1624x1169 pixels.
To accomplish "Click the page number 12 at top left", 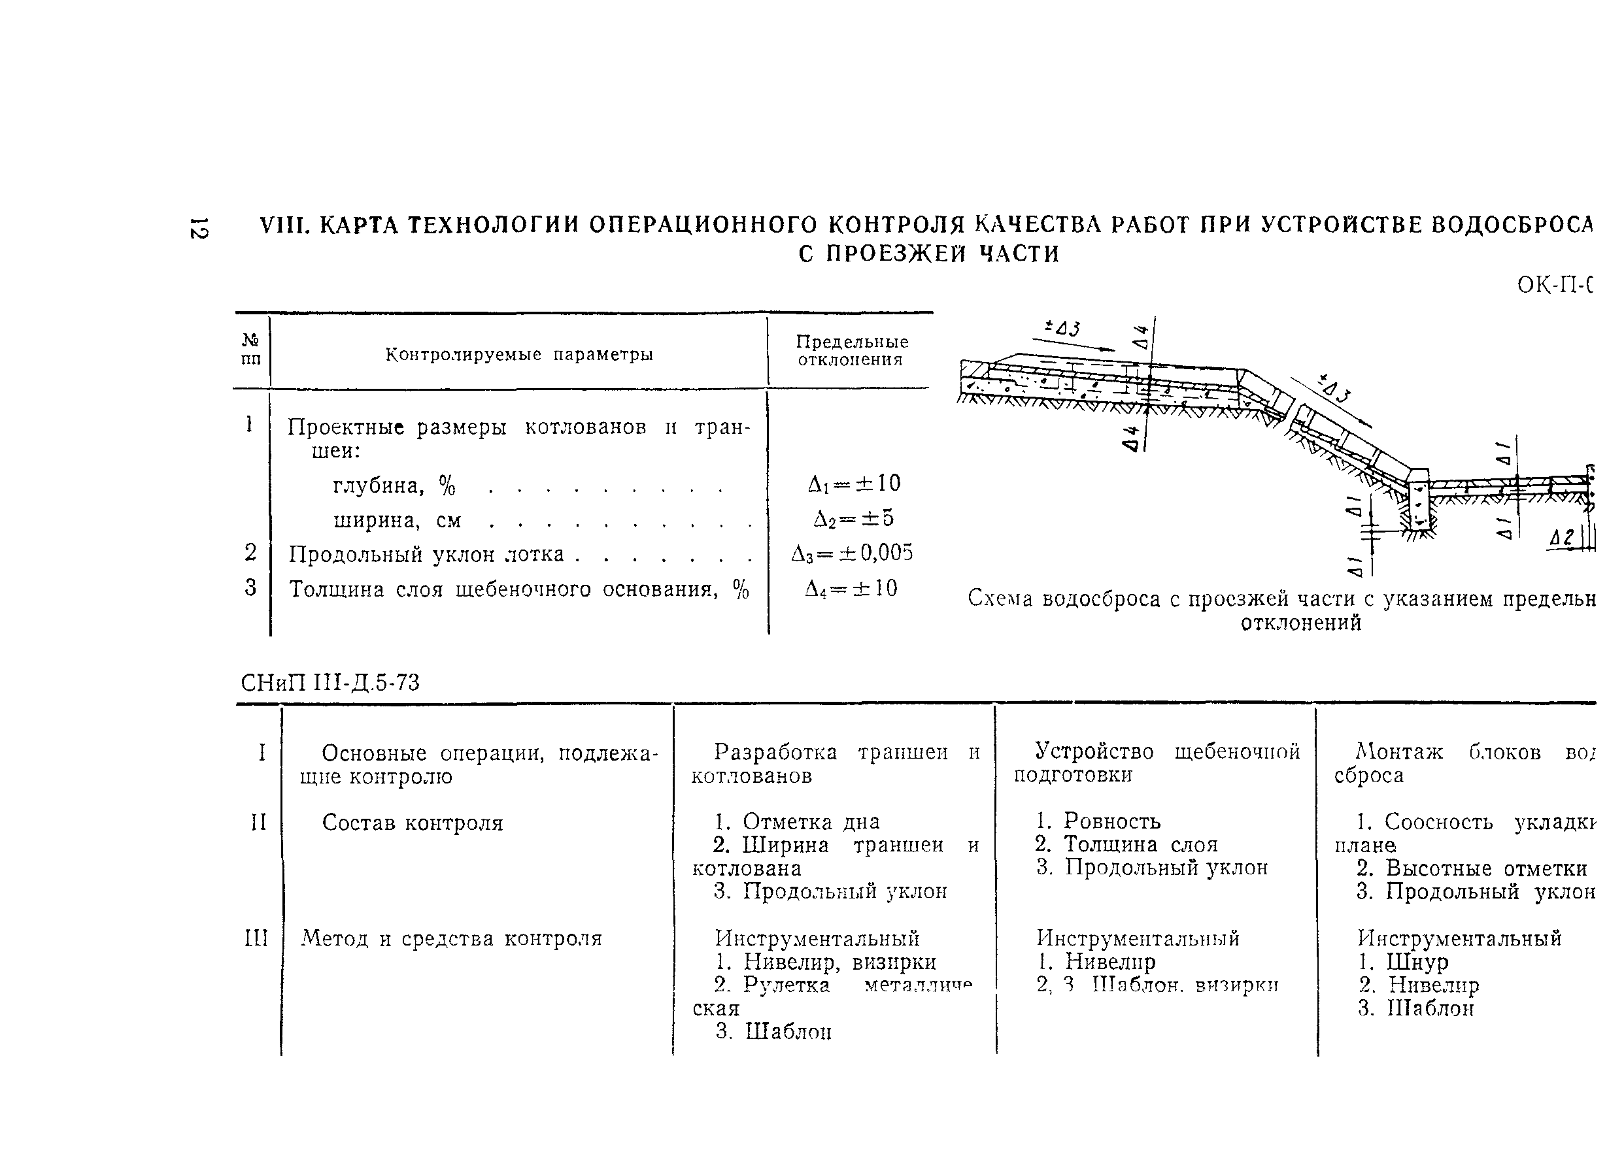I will click(x=198, y=227).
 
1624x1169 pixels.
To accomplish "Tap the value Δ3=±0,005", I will click(x=852, y=553).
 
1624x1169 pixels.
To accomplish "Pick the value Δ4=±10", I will click(x=851, y=589).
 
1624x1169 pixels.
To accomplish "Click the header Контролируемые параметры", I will click(x=519, y=354).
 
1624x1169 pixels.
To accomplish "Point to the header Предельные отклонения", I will click(x=851, y=351).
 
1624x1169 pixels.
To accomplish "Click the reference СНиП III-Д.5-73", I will click(x=330, y=683).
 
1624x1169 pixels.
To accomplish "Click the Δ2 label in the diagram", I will click(x=1561, y=538).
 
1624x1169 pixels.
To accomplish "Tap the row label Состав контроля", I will click(x=413, y=823).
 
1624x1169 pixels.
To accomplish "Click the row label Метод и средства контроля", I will click(x=452, y=938).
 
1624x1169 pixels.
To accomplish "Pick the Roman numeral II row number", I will click(x=258, y=823).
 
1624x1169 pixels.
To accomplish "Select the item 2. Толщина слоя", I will click(x=1126, y=845).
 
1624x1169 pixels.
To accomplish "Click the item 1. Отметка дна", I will click(x=797, y=822).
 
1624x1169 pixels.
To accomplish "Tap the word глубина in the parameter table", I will click(x=378, y=486).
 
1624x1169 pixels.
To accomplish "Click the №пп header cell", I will click(x=250, y=350).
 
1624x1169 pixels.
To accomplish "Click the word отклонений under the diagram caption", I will click(x=1301, y=623).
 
